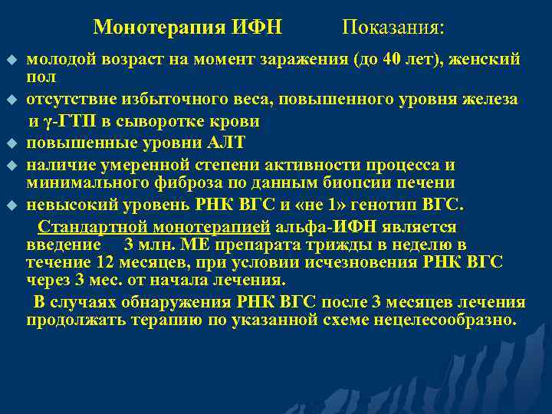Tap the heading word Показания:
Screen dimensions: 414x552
[x=393, y=28]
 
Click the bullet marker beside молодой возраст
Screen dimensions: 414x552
[x=11, y=59]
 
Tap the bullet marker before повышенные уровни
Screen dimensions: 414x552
[x=11, y=143]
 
